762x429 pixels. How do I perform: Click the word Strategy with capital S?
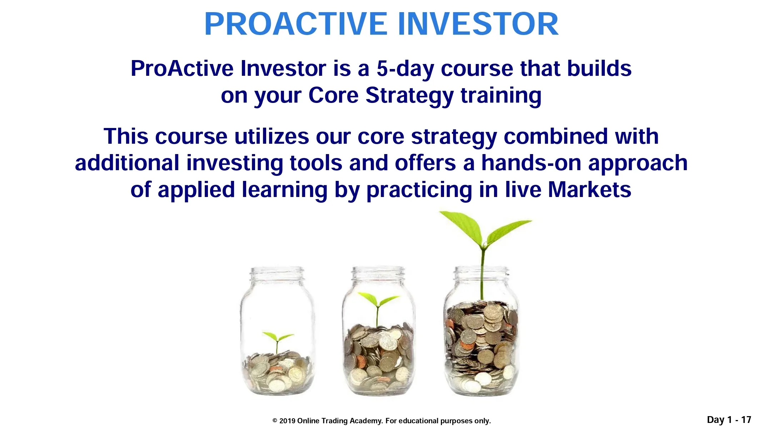click(409, 95)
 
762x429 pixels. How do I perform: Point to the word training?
click(501, 95)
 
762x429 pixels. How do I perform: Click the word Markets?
click(589, 189)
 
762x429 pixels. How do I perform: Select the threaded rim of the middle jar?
click(378, 274)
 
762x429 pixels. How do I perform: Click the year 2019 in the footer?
click(287, 421)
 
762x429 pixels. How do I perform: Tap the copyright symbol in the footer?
click(275, 421)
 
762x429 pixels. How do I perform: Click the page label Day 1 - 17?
click(729, 420)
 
